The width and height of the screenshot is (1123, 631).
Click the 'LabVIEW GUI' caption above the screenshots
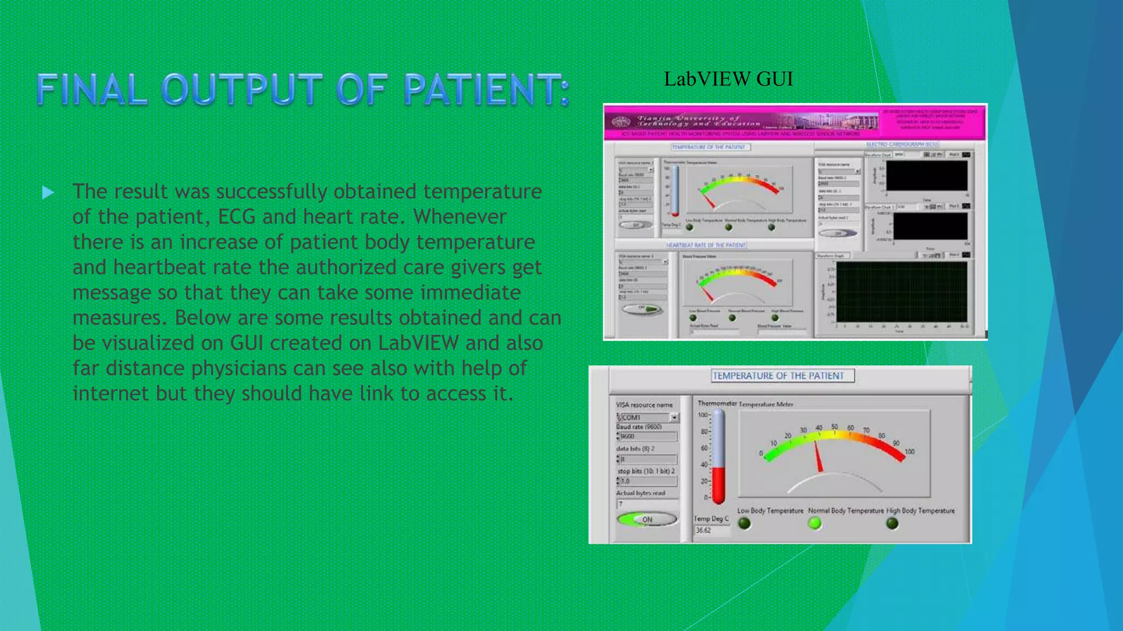[x=728, y=79]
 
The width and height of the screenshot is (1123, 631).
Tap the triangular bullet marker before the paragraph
[x=48, y=192]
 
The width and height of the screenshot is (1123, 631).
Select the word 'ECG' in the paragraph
[x=236, y=217]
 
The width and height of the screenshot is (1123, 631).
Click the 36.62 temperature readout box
[x=711, y=530]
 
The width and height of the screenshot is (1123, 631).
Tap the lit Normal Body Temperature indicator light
[x=815, y=523]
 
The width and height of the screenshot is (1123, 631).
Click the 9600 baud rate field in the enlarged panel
[x=647, y=437]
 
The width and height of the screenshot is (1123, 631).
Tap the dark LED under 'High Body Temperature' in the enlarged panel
[x=892, y=523]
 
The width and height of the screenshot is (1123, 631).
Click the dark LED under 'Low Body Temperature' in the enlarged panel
[x=744, y=523]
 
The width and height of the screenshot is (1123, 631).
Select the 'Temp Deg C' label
[x=711, y=518]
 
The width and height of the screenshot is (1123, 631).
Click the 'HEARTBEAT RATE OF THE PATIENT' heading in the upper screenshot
[x=706, y=245]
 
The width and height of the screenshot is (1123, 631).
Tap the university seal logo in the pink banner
[x=621, y=122]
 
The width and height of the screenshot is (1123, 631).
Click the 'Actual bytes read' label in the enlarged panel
[x=640, y=493]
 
